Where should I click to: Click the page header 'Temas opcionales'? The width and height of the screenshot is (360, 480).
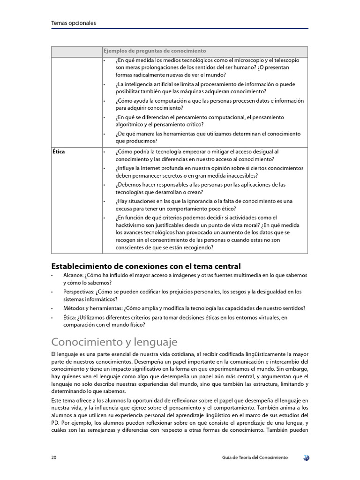coord(73,23)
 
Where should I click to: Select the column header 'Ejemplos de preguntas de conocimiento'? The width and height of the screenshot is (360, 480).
coord(155,51)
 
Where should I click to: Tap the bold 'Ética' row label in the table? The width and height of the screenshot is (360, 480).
coord(59,152)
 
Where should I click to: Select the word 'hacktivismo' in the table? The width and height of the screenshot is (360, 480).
coord(131,225)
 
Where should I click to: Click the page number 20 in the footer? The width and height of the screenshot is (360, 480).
coord(54,457)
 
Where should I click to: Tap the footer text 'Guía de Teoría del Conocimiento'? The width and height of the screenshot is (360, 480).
coord(255,457)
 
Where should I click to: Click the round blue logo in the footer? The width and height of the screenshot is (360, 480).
coord(306,457)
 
